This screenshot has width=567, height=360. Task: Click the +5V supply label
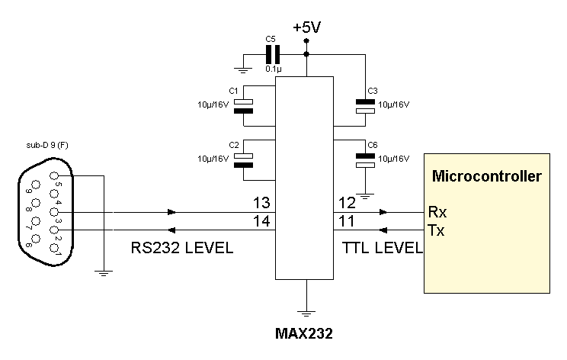tap(306, 27)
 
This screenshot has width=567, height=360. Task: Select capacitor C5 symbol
tap(273, 55)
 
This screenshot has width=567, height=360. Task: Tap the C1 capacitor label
tap(234, 91)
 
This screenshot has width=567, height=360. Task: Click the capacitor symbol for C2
tap(243, 161)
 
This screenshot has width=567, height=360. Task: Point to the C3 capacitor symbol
tap(365, 106)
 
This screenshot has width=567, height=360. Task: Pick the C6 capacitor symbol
tap(365, 161)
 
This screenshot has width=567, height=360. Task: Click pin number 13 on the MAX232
tap(261, 203)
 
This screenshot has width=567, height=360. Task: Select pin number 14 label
tap(261, 220)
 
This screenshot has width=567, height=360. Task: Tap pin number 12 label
tap(347, 203)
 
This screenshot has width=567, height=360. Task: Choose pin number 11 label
tap(346, 220)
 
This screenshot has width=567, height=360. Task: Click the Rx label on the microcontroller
tap(437, 212)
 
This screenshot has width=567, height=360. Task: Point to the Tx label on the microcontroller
tap(436, 230)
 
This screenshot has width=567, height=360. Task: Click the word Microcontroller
tap(487, 176)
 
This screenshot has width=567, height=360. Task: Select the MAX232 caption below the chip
tap(304, 333)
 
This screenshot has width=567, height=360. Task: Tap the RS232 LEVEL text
tap(182, 248)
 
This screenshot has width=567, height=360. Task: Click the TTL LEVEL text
tap(383, 248)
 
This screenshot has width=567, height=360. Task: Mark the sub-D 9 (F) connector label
tap(47, 145)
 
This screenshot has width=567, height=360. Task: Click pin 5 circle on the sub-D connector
tap(54, 176)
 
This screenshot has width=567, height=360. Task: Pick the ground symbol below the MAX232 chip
tap(306, 313)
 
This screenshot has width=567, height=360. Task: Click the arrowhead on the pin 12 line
tap(383, 212)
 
